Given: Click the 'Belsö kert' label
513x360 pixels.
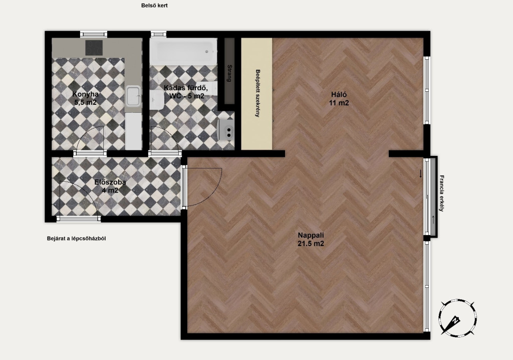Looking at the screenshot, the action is [x=154, y=6].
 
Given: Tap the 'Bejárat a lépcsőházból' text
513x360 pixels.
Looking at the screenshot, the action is [x=76, y=239].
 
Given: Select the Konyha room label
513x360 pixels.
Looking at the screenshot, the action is [x=85, y=98].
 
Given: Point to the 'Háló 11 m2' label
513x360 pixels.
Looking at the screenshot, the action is [x=339, y=99].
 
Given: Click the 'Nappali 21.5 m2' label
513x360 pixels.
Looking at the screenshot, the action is [x=311, y=239].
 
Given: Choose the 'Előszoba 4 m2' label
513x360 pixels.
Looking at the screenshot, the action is [x=110, y=186].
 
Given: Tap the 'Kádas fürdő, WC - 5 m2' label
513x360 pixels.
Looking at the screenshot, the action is [x=186, y=92].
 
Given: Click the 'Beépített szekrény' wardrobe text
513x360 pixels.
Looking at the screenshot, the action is [x=258, y=93].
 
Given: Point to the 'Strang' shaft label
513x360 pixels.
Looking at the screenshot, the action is [x=229, y=73].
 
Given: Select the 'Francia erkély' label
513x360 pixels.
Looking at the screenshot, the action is [x=442, y=193].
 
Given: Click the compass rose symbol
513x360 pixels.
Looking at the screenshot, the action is [x=457, y=317].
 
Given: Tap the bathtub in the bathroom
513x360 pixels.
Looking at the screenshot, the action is [x=183, y=52].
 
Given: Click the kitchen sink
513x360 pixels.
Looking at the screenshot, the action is [x=133, y=96].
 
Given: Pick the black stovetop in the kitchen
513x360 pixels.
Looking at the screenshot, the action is [x=94, y=48].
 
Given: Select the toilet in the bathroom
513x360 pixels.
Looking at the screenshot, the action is [x=157, y=100].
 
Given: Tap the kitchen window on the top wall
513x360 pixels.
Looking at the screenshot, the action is [x=94, y=34].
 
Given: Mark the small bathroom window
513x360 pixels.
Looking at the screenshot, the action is [x=159, y=34].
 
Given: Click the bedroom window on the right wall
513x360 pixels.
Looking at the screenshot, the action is [x=427, y=90].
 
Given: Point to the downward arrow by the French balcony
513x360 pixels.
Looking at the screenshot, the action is [x=421, y=174].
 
